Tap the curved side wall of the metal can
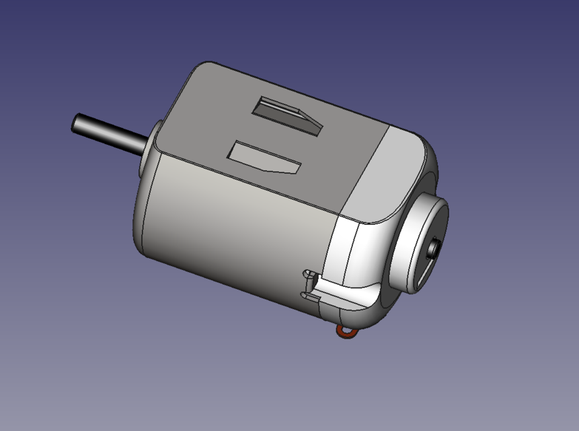coord(229,229)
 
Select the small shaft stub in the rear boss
coord(434,248)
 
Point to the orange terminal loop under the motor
coord(346,331)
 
